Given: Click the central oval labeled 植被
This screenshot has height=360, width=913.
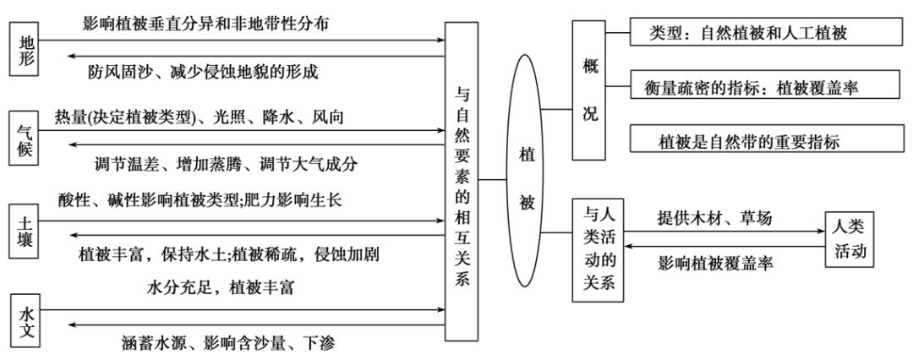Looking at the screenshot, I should pyautogui.click(x=526, y=178).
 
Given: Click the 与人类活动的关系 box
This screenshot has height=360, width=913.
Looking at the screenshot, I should pyautogui.click(x=597, y=251).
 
